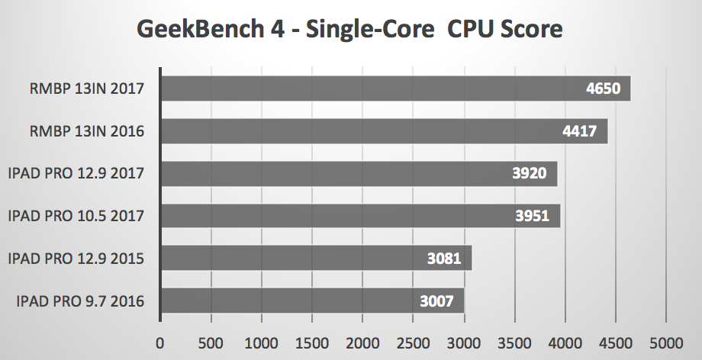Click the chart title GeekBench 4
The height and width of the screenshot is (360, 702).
(349, 29)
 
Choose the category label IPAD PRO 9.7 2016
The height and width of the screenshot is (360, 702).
(80, 301)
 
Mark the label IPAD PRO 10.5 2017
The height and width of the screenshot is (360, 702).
(76, 216)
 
